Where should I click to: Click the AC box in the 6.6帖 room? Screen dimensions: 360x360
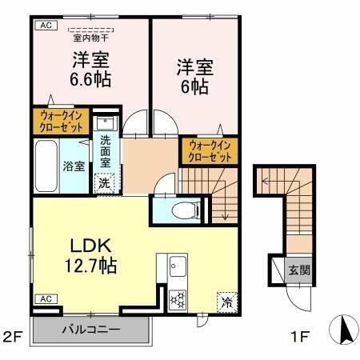pos(44,25)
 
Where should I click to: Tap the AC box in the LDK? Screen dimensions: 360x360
pos(44,298)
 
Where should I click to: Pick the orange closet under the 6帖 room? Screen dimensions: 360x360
pos(210,151)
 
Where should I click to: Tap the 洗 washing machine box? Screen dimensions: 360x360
pos(105,182)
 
